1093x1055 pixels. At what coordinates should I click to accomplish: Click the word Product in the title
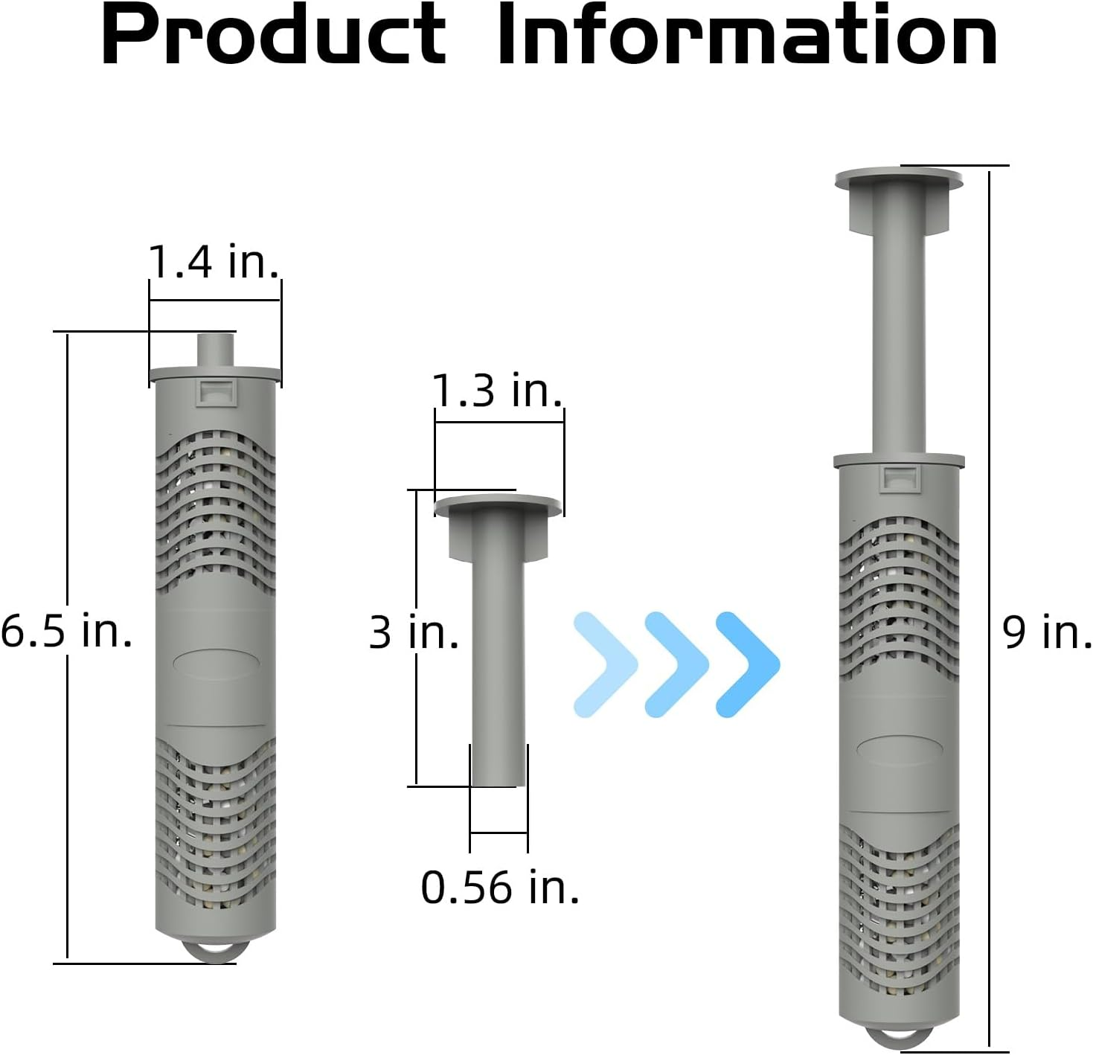(x=274, y=36)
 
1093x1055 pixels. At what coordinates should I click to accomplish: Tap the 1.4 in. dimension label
(x=214, y=261)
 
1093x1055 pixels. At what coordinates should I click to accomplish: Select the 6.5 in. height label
(x=66, y=630)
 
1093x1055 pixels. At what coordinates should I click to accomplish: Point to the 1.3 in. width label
(x=497, y=390)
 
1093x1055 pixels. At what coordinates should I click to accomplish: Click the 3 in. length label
(x=414, y=632)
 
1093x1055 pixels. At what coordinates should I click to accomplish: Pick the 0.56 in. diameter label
(x=499, y=887)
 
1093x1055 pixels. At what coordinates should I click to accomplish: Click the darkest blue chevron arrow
(x=747, y=664)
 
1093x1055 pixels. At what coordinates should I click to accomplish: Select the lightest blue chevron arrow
(x=604, y=664)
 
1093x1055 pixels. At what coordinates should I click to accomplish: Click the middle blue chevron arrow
(x=676, y=664)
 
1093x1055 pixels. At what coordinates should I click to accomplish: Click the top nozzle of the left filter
(x=214, y=350)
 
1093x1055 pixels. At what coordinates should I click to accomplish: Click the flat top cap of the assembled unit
(x=898, y=178)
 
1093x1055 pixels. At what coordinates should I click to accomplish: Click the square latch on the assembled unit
(x=899, y=478)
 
